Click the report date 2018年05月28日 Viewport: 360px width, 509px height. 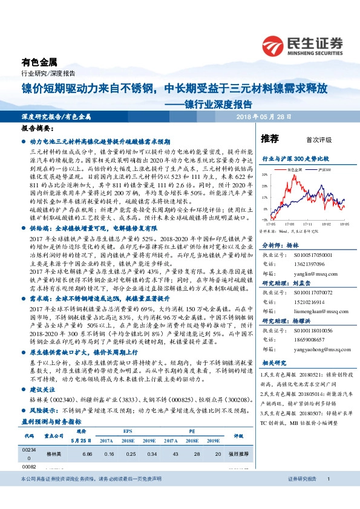(264, 116)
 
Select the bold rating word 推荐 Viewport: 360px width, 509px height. (269, 138)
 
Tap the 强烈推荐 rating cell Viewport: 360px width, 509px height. (238, 453)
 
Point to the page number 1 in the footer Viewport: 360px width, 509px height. (327, 496)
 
